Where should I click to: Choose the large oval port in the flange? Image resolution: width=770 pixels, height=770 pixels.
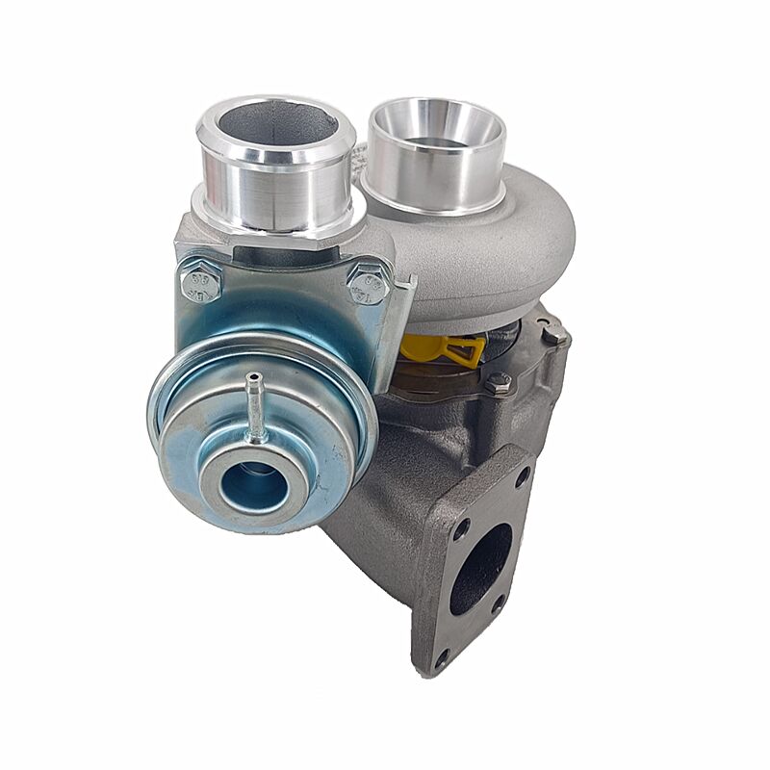pyautogui.click(x=479, y=568)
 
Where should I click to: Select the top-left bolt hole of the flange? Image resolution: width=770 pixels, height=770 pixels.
pyautogui.click(x=462, y=528)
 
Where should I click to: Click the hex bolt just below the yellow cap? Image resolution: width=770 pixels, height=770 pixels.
pyautogui.click(x=498, y=383)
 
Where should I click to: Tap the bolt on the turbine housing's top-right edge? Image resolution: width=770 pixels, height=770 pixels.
pyautogui.click(x=554, y=334)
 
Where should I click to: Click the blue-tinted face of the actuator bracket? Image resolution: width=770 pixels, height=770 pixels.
pyautogui.click(x=289, y=298)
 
